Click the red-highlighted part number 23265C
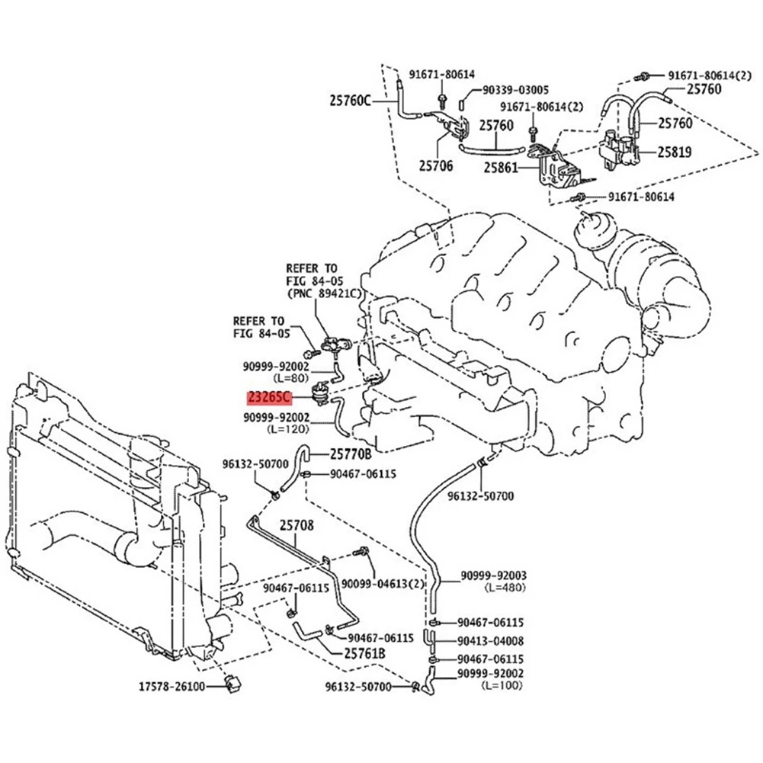(268, 396)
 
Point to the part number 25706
(436, 165)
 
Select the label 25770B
(351, 454)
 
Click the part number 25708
(297, 525)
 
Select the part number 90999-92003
(493, 576)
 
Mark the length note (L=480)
(504, 588)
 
